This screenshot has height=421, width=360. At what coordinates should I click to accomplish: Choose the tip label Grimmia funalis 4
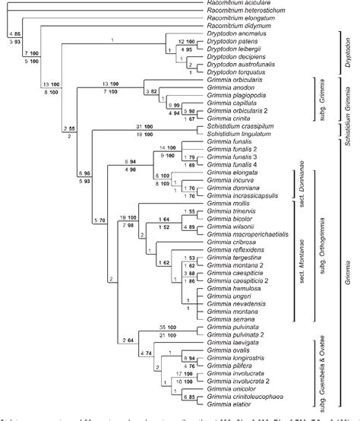point(231,163)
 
